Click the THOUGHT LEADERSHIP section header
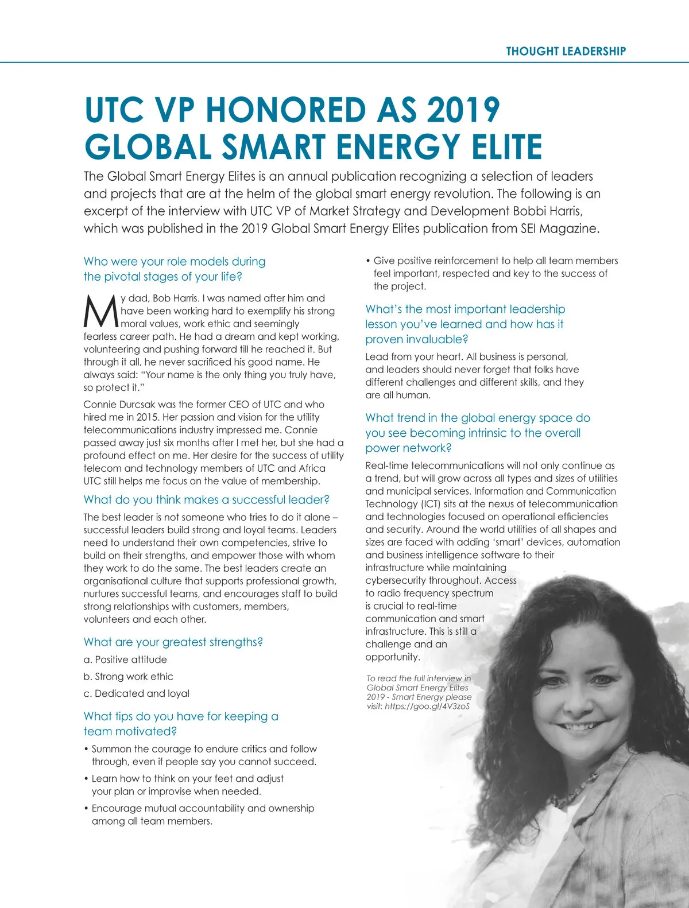pyautogui.click(x=566, y=51)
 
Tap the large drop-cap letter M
pyautogui.click(x=101, y=311)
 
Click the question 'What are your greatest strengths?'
pyautogui.click(x=173, y=642)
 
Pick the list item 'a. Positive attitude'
pyautogui.click(x=125, y=659)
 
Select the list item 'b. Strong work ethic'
pyautogui.click(x=128, y=676)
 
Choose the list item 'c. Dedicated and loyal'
pyautogui.click(x=136, y=693)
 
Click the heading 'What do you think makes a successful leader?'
pyautogui.click(x=206, y=499)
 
